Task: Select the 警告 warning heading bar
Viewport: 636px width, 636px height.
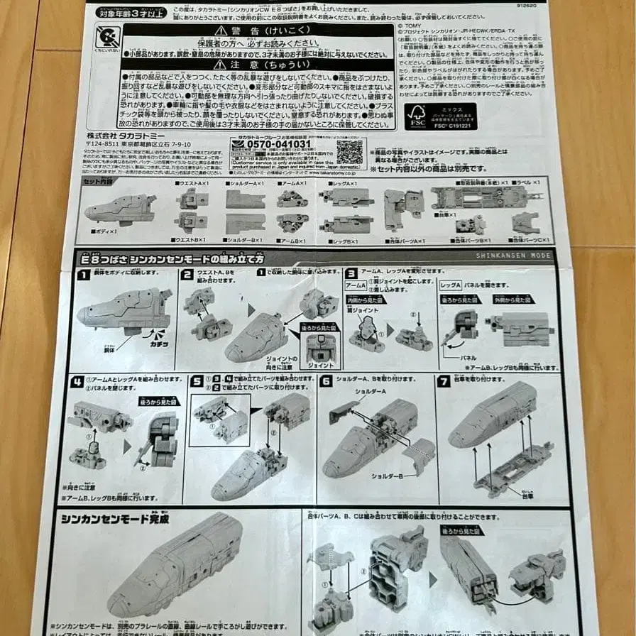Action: tap(258, 30)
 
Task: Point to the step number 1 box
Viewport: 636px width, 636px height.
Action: tap(83, 275)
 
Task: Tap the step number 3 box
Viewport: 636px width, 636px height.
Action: tap(351, 273)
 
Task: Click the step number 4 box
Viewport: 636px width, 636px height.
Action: tap(77, 380)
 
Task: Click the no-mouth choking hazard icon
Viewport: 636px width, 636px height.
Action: tap(108, 35)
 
